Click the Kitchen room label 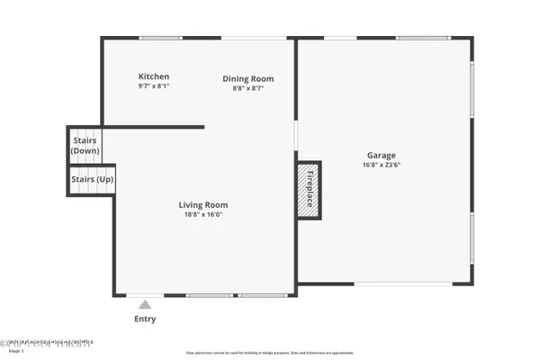click(x=153, y=76)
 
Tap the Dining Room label click(x=248, y=78)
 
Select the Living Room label click(x=202, y=204)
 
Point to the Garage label click(x=381, y=155)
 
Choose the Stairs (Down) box click(x=85, y=145)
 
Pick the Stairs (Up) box click(x=92, y=180)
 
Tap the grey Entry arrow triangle click(x=144, y=304)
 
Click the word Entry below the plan click(x=144, y=319)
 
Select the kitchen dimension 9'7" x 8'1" click(x=153, y=86)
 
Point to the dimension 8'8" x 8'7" click(x=248, y=88)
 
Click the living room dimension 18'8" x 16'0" click(x=202, y=214)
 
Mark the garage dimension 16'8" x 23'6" click(x=381, y=165)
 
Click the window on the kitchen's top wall click(x=161, y=38)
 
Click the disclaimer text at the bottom click(x=270, y=353)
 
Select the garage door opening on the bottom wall click(x=403, y=284)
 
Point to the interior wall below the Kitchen click(x=153, y=127)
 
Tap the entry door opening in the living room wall click(x=139, y=295)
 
